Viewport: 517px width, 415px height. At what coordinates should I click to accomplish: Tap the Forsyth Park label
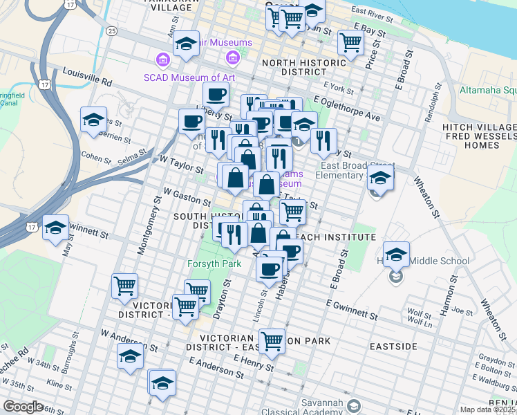[x=214, y=264]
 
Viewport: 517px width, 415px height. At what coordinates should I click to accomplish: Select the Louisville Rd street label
[x=87, y=77]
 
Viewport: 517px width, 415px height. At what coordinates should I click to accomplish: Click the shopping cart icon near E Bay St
[x=351, y=42]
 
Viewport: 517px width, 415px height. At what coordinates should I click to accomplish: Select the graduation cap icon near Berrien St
[x=93, y=120]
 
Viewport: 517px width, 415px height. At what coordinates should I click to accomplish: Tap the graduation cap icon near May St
[x=55, y=228]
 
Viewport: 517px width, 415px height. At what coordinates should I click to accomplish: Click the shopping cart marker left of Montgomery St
[x=124, y=284]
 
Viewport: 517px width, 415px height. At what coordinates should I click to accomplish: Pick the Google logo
[x=23, y=407]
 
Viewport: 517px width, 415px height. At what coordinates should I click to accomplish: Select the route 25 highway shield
[x=112, y=31]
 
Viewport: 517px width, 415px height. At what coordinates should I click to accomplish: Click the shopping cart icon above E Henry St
[x=272, y=340]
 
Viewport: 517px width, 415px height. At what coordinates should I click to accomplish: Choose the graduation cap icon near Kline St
[x=129, y=357]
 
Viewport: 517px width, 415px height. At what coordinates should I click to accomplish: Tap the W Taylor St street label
[x=181, y=164]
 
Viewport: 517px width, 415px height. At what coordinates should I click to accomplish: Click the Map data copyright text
[x=488, y=409]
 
